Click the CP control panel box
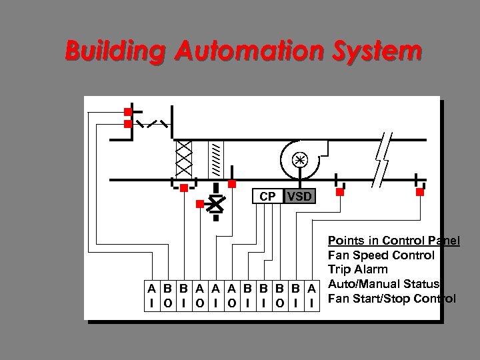point(267,197)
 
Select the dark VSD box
point(296,197)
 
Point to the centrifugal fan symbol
point(298,160)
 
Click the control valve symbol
point(215,205)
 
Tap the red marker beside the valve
point(199,205)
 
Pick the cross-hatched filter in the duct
point(183,159)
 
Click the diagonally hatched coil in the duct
point(215,159)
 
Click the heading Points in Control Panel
point(393,240)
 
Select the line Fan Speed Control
point(381,255)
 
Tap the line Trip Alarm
point(357,269)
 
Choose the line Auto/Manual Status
point(383,283)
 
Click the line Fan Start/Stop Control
point(392,297)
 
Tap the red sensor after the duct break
point(419,192)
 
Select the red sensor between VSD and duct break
point(339,192)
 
